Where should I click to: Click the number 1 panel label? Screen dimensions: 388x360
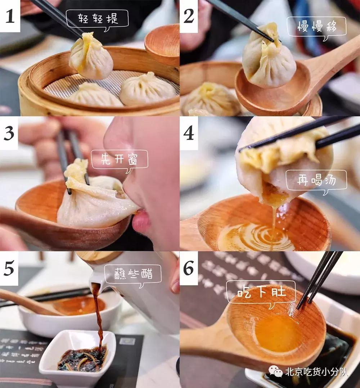pyautogui.click(x=10, y=16)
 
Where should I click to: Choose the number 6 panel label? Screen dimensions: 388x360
pyautogui.click(x=189, y=268)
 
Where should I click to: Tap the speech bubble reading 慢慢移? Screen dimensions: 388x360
pyautogui.click(x=316, y=27)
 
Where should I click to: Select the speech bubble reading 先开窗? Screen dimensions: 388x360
pyautogui.click(x=119, y=159)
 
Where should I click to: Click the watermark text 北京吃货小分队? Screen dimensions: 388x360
pyautogui.click(x=317, y=371)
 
